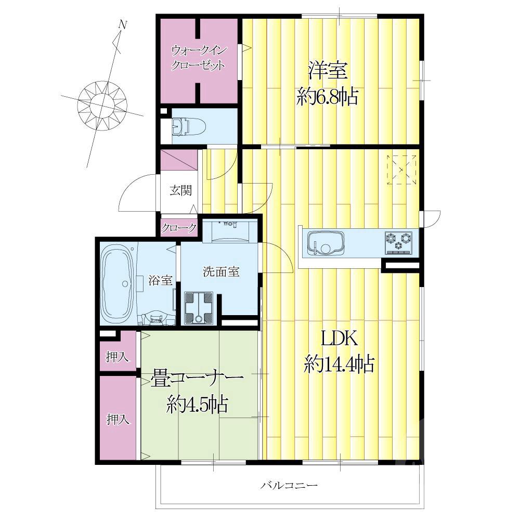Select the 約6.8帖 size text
click(x=327, y=97)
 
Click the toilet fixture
click(x=189, y=127)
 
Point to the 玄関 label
click(x=181, y=190)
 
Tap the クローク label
click(x=179, y=228)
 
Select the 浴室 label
click(x=161, y=280)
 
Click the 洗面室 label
click(x=221, y=271)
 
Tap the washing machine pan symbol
click(x=199, y=307)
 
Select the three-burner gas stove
click(x=398, y=243)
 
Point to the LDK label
click(x=339, y=339)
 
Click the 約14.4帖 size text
click(x=339, y=364)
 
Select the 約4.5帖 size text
click(x=197, y=404)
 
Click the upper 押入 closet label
click(x=117, y=357)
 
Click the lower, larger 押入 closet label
click(x=118, y=420)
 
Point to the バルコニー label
click(x=289, y=486)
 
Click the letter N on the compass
click(x=123, y=24)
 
